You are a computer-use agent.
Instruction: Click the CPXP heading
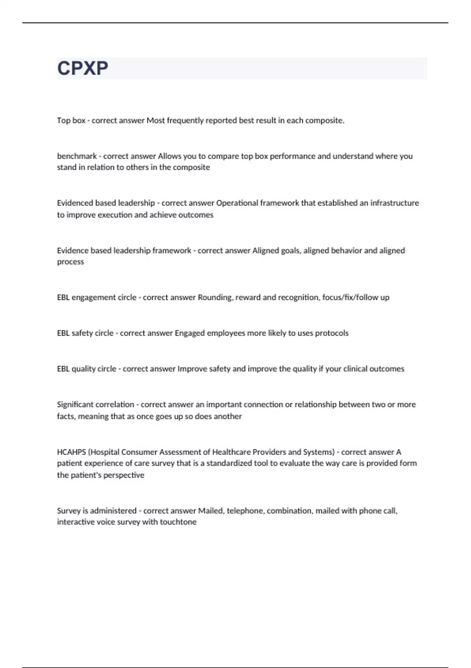82,68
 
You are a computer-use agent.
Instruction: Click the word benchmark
77,156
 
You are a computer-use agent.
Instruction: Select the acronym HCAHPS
71,452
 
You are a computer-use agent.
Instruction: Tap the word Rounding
215,297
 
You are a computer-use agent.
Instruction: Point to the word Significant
76,404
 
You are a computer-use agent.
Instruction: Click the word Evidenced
74,203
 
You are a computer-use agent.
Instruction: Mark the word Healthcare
231,452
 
